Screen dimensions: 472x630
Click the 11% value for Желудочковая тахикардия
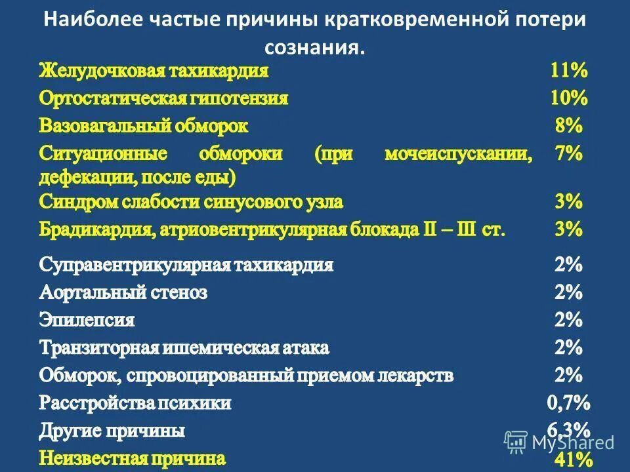(x=568, y=70)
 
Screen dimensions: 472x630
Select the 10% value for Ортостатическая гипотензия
(x=568, y=98)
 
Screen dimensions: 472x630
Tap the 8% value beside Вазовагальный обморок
(x=568, y=125)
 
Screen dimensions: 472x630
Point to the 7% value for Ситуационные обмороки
(x=568, y=154)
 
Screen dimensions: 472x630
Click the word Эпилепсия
(x=87, y=321)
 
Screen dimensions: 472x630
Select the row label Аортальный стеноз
(x=123, y=293)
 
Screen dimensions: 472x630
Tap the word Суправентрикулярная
(x=130, y=265)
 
